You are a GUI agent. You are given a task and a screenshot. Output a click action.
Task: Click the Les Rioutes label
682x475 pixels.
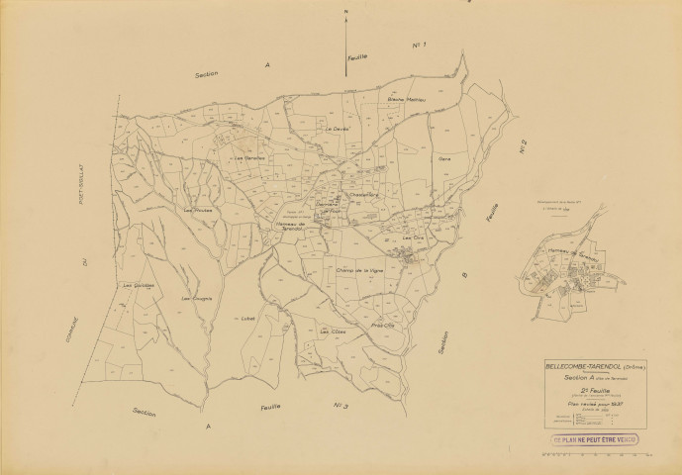click(197, 209)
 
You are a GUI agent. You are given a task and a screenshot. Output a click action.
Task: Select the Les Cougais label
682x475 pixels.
click(197, 297)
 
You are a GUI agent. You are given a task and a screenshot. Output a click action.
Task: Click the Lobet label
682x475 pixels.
click(247, 319)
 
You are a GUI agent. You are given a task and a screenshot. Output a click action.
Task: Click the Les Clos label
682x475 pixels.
click(412, 237)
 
